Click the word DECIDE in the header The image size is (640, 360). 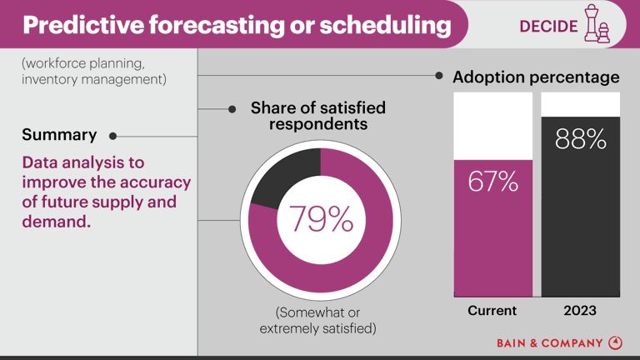(547, 26)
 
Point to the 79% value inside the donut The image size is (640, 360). (321, 218)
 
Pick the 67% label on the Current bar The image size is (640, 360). (492, 181)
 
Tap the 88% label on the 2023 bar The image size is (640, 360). (581, 139)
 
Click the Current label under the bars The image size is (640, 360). (492, 311)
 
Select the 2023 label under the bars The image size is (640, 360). (580, 311)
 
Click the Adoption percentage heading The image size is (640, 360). (536, 77)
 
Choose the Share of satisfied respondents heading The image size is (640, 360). (317, 116)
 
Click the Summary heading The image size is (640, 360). (59, 134)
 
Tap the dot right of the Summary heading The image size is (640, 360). (112, 135)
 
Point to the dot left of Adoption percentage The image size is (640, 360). (439, 76)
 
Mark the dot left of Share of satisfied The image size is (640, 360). (234, 108)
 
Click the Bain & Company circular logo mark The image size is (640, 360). (616, 342)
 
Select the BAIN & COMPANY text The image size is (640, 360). (549, 342)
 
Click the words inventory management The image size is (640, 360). (93, 80)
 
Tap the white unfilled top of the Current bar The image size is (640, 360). (492, 125)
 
